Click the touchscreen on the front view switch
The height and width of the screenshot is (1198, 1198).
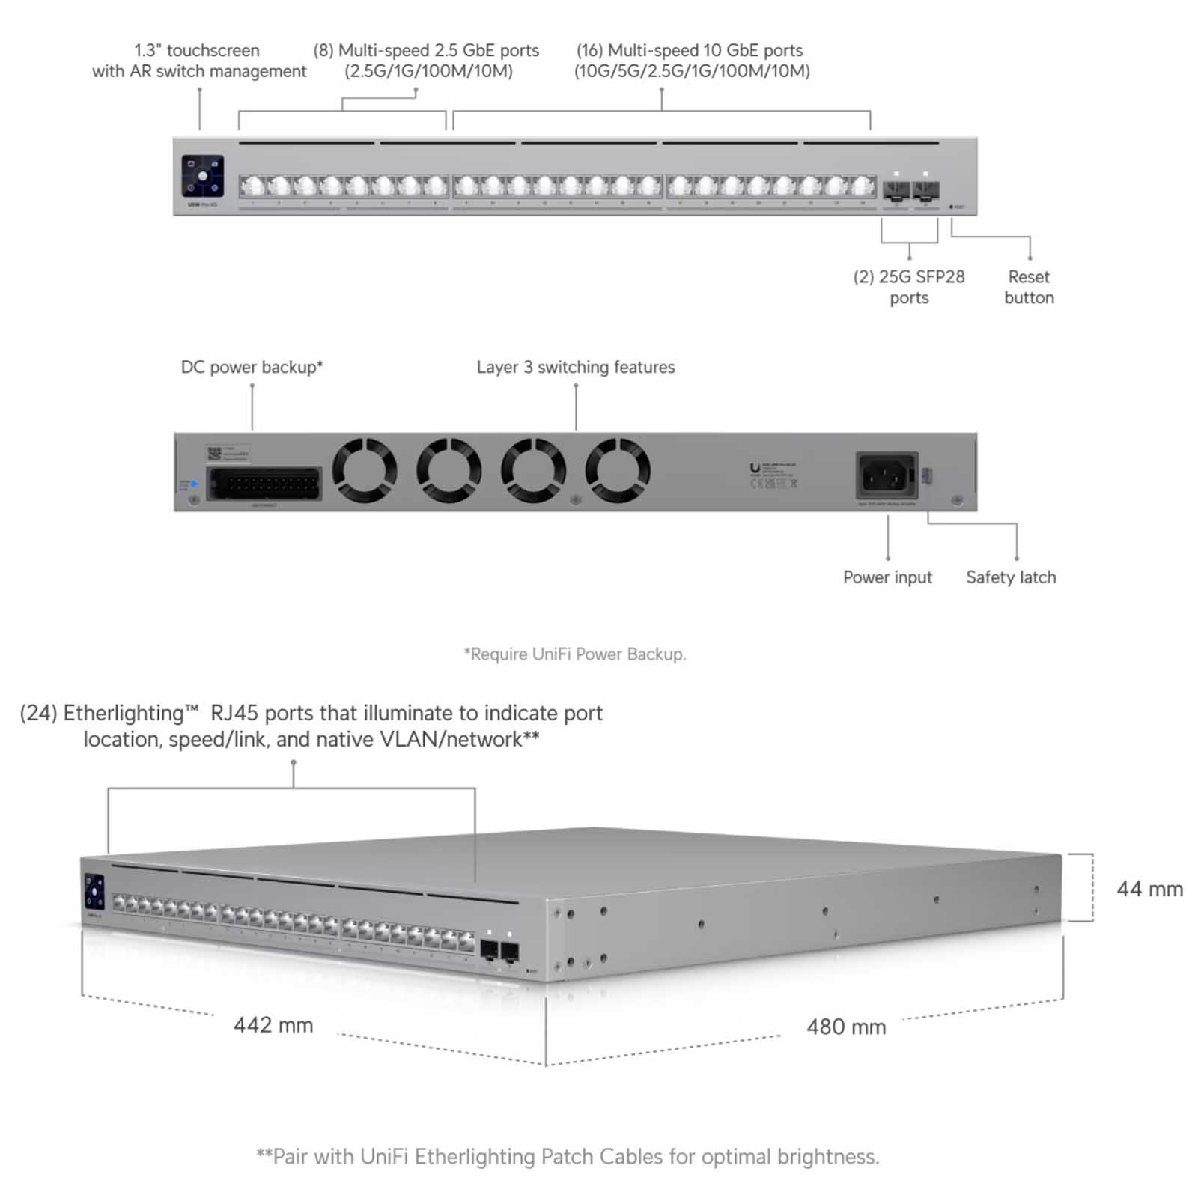[202, 176]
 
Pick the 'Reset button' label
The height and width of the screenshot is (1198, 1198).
[1029, 287]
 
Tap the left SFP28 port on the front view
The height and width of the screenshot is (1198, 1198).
[896, 190]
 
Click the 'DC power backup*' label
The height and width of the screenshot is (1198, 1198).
[252, 367]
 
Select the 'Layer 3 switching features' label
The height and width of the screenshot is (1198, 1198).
[576, 367]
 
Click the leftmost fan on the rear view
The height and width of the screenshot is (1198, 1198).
[365, 470]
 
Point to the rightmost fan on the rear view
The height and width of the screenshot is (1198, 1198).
[618, 470]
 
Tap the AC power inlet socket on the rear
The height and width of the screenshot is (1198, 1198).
[887, 475]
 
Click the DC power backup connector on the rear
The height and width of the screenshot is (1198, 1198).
[264, 484]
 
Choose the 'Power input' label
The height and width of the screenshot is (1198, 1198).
[887, 577]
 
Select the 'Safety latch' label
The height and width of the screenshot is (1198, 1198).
[1011, 577]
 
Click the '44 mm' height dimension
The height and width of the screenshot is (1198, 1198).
[1149, 889]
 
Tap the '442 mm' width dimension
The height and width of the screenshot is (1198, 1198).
[273, 1025]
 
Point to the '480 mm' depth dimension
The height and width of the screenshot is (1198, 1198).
[846, 1027]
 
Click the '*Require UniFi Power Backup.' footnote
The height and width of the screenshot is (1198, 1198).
[575, 654]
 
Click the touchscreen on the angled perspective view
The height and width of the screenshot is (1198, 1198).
[94, 892]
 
